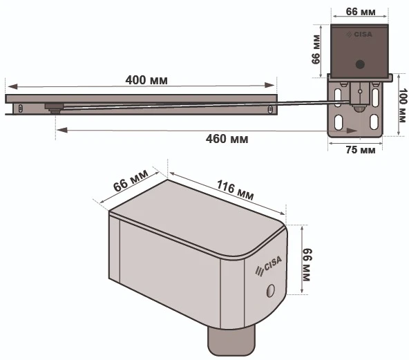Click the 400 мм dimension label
[146, 80]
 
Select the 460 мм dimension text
[227, 139]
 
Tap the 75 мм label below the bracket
[361, 150]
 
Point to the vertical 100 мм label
[403, 106]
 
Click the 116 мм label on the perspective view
[236, 190]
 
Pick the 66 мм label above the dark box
[361, 12]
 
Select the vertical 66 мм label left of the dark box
[316, 49]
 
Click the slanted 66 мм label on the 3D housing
[131, 180]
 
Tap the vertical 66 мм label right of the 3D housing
[307, 265]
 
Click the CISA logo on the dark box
[359, 35]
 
